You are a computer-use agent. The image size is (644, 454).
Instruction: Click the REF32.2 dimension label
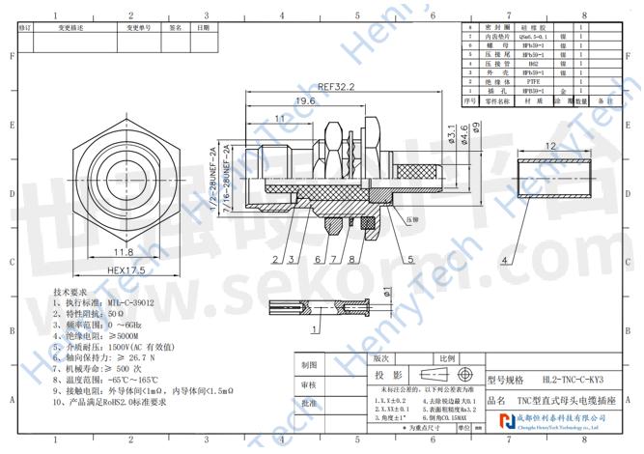[337, 86]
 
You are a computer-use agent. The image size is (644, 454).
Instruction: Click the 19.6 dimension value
[305, 101]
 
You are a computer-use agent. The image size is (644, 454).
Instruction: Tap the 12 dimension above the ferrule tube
[550, 146]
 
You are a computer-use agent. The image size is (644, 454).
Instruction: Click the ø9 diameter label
[475, 128]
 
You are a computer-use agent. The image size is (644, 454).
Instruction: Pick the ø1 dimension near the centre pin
[387, 293]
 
